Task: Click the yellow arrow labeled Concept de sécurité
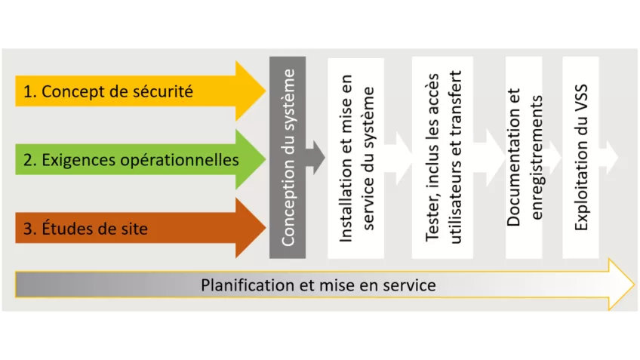pos(136,91)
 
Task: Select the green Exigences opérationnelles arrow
pos(136,160)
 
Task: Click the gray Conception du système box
pos(288,158)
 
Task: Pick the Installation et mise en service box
pos(356,158)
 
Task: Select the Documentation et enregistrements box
pos(525,158)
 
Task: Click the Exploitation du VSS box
pos(580,158)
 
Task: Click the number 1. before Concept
pos(29,92)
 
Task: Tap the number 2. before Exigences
pos(29,160)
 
